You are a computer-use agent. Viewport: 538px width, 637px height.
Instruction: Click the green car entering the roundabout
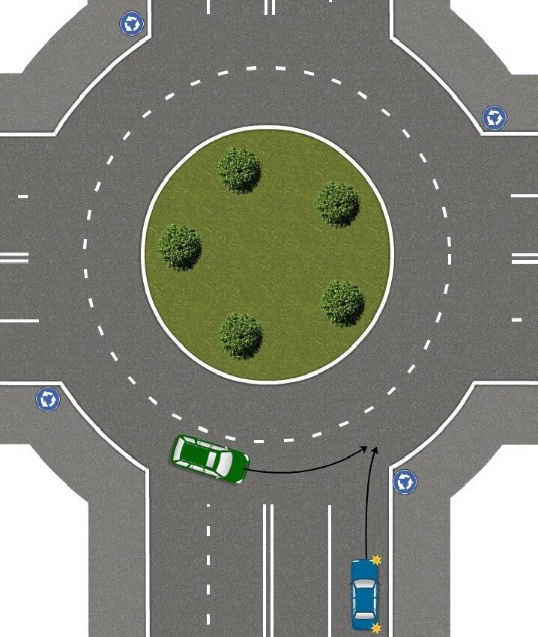point(209,458)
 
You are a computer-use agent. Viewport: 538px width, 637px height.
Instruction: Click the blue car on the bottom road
point(365,594)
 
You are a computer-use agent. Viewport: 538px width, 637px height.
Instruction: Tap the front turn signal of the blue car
point(376,560)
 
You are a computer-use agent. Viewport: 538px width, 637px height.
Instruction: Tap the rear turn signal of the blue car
point(376,627)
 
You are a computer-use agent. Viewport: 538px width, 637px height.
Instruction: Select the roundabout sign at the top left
point(132,23)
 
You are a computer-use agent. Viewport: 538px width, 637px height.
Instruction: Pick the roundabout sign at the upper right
point(494,118)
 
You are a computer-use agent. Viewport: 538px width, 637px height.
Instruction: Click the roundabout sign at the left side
point(48,399)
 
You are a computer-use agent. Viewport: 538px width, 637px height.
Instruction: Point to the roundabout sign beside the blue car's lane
point(405,481)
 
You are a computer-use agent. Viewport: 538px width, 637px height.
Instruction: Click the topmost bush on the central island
point(240,169)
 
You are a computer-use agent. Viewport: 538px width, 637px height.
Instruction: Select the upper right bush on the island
point(337,203)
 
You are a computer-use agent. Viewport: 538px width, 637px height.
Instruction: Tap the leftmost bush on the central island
point(180,247)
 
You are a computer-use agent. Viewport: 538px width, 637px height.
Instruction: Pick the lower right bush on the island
point(342,302)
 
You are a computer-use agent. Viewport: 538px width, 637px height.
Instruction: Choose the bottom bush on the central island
point(241,335)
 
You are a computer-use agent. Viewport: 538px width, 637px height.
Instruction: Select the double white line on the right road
point(525,258)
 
